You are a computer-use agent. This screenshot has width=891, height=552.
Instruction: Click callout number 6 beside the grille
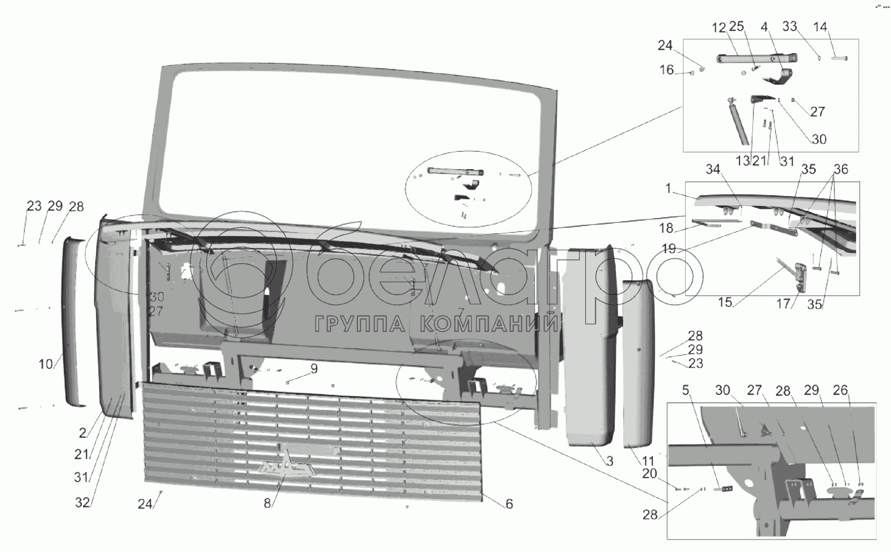[509, 504]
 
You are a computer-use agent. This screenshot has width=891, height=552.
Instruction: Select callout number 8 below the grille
[267, 504]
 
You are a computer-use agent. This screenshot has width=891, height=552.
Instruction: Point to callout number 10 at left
[46, 364]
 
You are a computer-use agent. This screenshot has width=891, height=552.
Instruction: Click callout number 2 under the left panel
[83, 432]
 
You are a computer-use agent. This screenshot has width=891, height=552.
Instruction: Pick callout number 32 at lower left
[83, 502]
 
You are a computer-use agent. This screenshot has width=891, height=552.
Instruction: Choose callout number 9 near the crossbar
[314, 369]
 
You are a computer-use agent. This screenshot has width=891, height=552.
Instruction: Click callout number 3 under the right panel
[609, 461]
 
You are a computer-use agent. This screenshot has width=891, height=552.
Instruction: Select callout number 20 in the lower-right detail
[649, 474]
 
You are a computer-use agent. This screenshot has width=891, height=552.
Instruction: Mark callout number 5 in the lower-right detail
[685, 390]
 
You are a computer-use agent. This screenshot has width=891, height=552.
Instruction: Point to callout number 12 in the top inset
[719, 28]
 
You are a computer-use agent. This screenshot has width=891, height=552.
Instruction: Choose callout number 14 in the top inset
[820, 27]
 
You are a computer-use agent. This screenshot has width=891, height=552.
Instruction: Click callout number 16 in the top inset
[667, 70]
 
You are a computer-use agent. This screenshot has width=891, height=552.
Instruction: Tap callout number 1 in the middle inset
[668, 189]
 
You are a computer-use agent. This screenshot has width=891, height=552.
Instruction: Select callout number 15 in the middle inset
[725, 303]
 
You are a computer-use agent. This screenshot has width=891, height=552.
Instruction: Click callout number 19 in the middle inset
[669, 248]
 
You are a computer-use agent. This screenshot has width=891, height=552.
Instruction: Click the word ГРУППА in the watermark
[359, 325]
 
